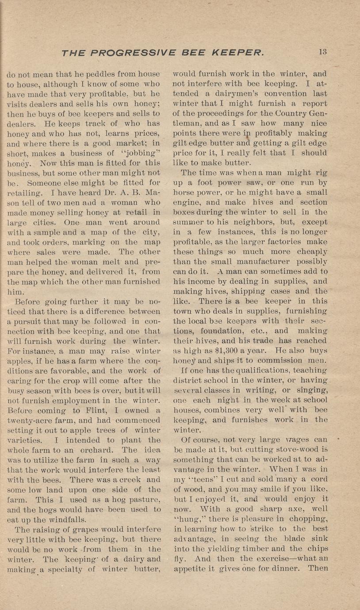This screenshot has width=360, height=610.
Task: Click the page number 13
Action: (x=322, y=52)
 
